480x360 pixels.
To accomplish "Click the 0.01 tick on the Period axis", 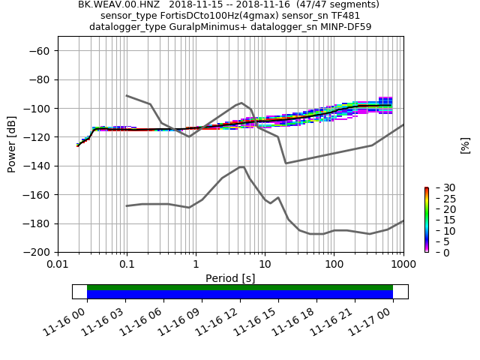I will click(58, 264).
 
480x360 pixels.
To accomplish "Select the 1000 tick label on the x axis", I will click(403, 264).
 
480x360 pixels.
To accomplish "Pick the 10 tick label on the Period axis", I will click(265, 264).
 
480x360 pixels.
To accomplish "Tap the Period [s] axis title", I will click(230, 278).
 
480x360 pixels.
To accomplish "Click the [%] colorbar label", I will click(465, 145).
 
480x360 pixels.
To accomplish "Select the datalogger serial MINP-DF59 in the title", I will click(344, 27).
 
